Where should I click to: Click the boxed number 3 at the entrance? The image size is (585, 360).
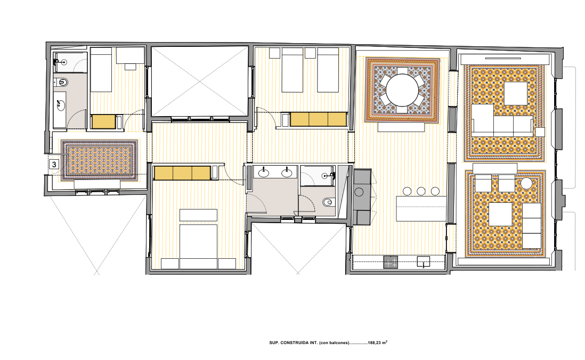pos(54,164)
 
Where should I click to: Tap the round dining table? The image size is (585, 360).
pos(402,90)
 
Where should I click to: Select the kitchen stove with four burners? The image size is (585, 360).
pos(391,262)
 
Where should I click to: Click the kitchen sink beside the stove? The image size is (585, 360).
pos(424,262)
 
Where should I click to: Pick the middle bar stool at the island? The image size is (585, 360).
pos(421,191)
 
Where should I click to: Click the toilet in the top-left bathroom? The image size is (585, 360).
pos(62,83)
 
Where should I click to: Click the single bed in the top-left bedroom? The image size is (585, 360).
pos(101,70)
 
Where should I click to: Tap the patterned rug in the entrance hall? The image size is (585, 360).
pos(99,159)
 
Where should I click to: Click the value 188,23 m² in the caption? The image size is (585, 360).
pos(378,342)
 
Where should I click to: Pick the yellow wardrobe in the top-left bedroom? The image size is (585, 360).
pos(104,122)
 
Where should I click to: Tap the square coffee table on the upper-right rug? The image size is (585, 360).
pos(516,94)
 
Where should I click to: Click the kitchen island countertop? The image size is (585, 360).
pos(421,208)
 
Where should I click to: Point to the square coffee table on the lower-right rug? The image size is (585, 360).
pos(500,214)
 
